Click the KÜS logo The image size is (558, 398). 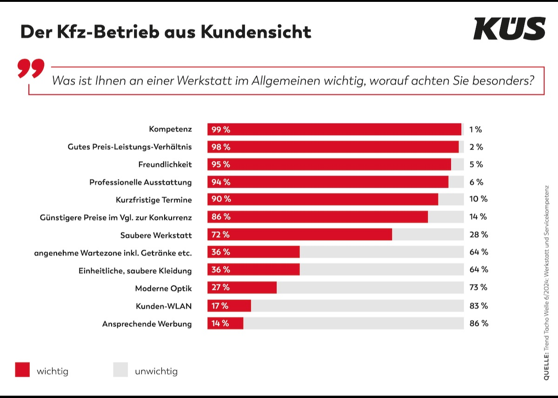[x=509, y=29]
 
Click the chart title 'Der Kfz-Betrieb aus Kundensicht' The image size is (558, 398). [x=166, y=32]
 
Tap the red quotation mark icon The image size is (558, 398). [x=31, y=68]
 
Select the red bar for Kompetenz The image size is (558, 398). [x=334, y=130]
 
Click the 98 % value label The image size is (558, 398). [x=221, y=147]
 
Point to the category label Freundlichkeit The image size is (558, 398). [x=165, y=164]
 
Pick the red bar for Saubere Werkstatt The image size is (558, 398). [x=299, y=235]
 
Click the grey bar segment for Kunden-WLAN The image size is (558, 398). [x=357, y=306]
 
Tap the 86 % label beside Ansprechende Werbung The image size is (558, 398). [x=478, y=323]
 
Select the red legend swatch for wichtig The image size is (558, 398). [x=22, y=370]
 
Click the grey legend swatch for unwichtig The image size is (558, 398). [x=120, y=370]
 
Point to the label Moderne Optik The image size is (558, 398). [x=163, y=288]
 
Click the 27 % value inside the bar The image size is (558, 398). [x=220, y=287]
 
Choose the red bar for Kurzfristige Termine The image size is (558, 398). [x=323, y=199]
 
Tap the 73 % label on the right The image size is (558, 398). [x=478, y=287]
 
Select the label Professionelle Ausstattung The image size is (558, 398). [x=140, y=182]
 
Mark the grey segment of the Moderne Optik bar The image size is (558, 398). [x=370, y=287]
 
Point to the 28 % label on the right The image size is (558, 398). [x=478, y=235]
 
